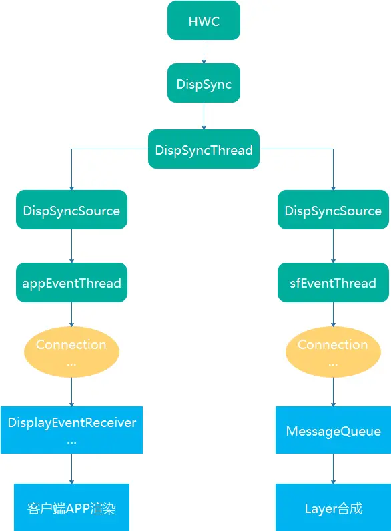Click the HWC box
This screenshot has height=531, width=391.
pyautogui.click(x=204, y=20)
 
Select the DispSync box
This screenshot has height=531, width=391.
pyautogui.click(x=204, y=83)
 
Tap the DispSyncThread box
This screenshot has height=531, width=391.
pyautogui.click(x=204, y=149)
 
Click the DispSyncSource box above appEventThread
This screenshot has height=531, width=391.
pyautogui.click(x=71, y=209)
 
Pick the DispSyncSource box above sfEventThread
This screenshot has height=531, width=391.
pyautogui.click(x=333, y=209)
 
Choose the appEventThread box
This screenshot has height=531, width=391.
pyautogui.click(x=71, y=282)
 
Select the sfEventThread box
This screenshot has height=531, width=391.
pyautogui.click(x=333, y=282)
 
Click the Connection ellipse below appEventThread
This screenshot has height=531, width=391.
pyautogui.click(x=71, y=352)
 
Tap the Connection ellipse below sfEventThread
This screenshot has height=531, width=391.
pyautogui.click(x=333, y=352)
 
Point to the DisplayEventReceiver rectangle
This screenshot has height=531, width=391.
pyautogui.click(x=71, y=430)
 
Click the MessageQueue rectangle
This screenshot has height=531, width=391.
pyautogui.click(x=333, y=430)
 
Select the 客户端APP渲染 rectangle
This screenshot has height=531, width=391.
pyautogui.click(x=71, y=507)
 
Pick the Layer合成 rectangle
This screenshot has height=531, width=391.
pyautogui.click(x=333, y=507)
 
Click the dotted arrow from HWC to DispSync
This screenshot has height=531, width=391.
pyautogui.click(x=204, y=52)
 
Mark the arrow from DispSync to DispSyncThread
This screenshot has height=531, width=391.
pyautogui.click(x=204, y=116)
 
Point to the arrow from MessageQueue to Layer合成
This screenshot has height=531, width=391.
pyautogui.click(x=333, y=469)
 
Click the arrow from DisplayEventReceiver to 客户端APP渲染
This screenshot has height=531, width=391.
pyautogui.click(x=71, y=469)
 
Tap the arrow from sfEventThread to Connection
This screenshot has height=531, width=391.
pyautogui.click(x=333, y=314)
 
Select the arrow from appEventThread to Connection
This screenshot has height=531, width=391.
pyautogui.click(x=71, y=314)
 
